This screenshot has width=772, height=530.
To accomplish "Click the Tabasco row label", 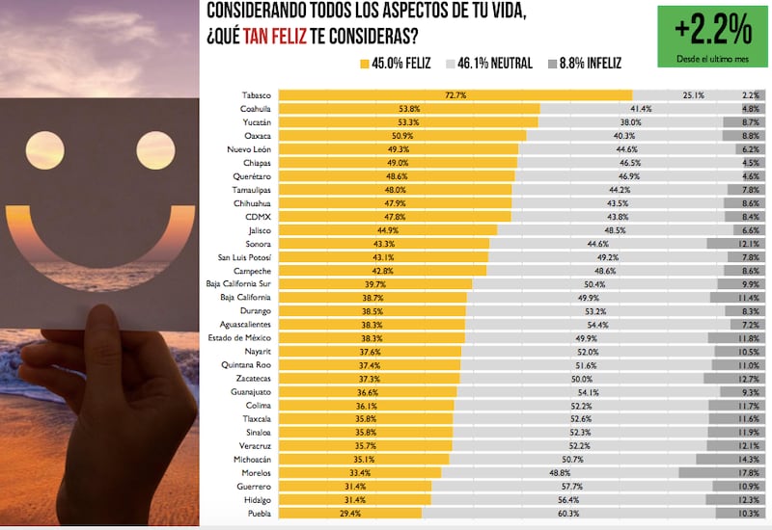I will click(x=257, y=95).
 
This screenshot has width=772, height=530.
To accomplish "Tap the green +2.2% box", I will click(x=713, y=37).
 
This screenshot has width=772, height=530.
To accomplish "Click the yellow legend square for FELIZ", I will click(x=364, y=64).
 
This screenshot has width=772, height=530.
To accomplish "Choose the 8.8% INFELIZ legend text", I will click(x=591, y=64).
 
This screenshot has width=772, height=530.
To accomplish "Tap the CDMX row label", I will click(x=259, y=218).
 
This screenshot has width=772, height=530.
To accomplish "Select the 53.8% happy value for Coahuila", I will click(x=408, y=109).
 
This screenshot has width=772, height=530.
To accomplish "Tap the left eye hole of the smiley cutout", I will click(x=45, y=149).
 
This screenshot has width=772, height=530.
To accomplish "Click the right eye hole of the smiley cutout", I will click(x=155, y=149).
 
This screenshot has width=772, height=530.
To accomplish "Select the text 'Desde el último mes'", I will click(x=713, y=60).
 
